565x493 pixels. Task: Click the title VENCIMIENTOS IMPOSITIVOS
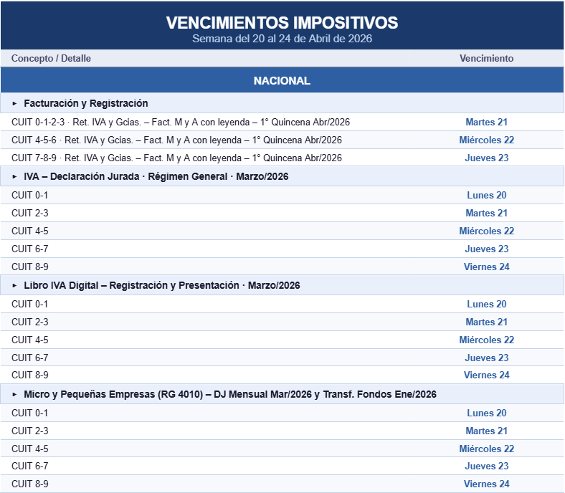pos(282,22)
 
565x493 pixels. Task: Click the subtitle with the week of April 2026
pos(282,39)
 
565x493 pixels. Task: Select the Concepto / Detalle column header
pos(51,58)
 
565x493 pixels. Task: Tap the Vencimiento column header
pos(486,58)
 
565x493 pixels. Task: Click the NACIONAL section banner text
pos(282,80)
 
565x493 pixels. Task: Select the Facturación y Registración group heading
pos(85,103)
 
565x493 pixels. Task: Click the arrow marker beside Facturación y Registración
pos(14,104)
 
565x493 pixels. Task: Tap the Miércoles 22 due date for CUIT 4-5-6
pos(486,140)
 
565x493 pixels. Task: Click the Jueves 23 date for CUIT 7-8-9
pos(486,158)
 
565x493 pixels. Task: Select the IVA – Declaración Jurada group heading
pos(156,176)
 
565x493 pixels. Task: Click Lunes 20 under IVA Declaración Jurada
pos(486,195)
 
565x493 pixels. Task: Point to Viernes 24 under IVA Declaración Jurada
pos(486,267)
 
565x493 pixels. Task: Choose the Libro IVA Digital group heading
pos(161,285)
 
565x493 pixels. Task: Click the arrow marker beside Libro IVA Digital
pos(14,286)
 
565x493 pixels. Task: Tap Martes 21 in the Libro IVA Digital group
pos(486,322)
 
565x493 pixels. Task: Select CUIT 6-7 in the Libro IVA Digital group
pos(30,358)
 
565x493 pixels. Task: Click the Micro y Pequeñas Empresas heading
pos(229,394)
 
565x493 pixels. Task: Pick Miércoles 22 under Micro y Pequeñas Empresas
pos(486,449)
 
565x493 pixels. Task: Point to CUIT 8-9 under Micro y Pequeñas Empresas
pos(30,484)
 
